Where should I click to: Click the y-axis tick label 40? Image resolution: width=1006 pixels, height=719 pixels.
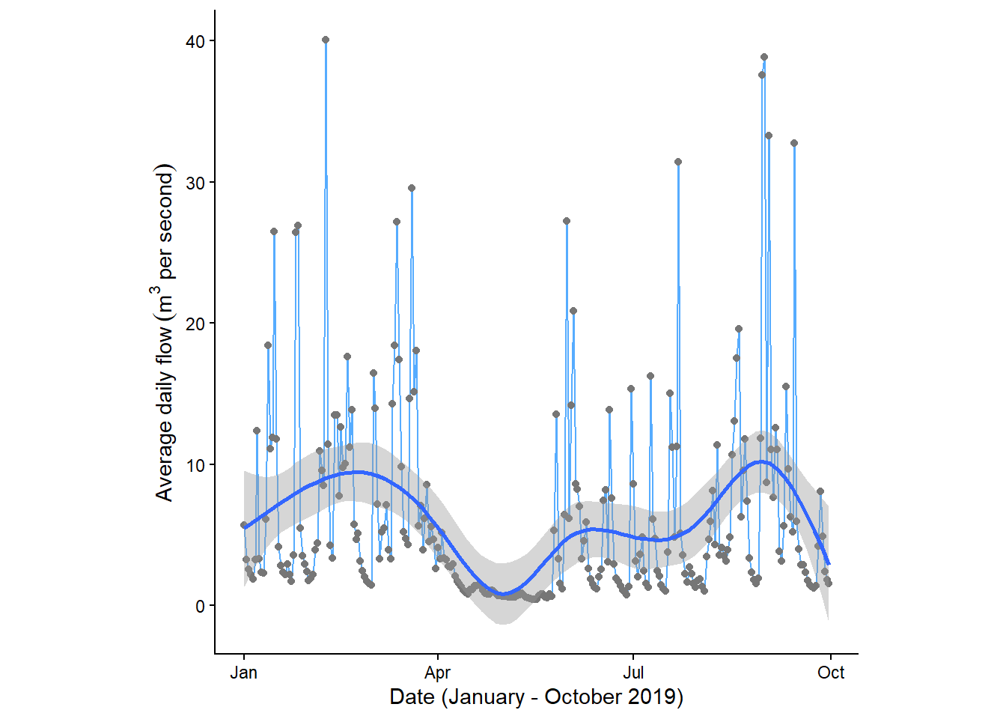(195, 41)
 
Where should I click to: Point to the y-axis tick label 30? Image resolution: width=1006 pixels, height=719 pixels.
(195, 183)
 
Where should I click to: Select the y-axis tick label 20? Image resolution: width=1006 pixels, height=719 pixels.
(195, 324)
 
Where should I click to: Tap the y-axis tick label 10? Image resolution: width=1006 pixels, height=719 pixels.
(195, 465)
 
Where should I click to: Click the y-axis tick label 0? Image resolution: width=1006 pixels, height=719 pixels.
(200, 607)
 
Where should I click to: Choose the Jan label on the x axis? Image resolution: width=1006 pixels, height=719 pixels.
(244, 673)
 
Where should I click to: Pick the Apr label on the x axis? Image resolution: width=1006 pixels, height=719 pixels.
(438, 673)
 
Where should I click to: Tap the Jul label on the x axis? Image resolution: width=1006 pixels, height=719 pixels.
(633, 673)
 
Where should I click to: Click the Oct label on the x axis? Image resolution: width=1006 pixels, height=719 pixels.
(831, 673)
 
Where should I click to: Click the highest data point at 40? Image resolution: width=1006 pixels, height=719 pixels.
(326, 40)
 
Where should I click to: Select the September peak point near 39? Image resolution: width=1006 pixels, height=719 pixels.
(764, 57)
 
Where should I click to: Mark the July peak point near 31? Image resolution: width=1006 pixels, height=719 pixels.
(678, 162)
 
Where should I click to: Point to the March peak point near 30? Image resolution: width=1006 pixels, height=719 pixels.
(412, 189)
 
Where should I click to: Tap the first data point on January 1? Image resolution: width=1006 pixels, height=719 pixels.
(244, 525)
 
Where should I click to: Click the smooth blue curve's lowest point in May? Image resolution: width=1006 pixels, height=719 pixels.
(504, 594)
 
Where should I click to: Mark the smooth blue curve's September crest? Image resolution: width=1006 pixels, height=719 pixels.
(762, 461)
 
